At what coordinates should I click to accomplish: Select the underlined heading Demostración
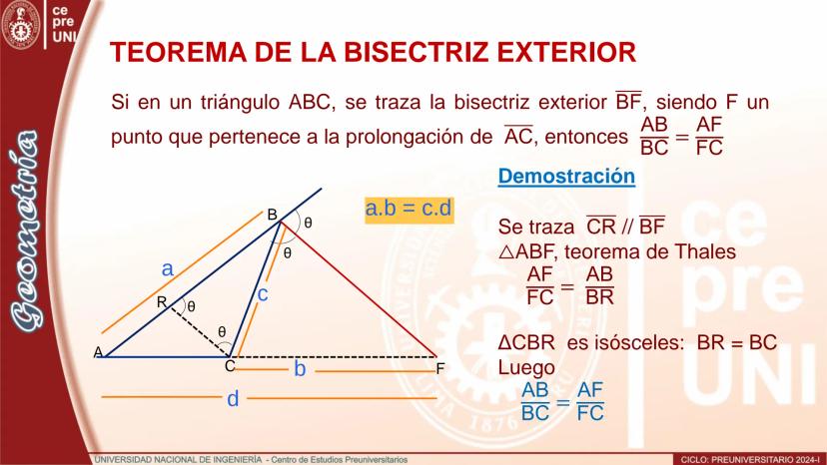click(x=566, y=176)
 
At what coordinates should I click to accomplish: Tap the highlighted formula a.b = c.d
click(x=409, y=209)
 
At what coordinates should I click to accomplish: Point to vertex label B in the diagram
click(x=272, y=215)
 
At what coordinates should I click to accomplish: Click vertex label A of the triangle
click(x=98, y=351)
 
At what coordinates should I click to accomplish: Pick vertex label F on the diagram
click(x=440, y=369)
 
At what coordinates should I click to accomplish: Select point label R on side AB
click(x=162, y=302)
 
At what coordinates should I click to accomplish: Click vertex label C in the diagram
click(x=230, y=366)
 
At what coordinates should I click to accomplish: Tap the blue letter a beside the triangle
click(x=167, y=269)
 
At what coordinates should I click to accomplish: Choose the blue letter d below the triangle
click(x=233, y=398)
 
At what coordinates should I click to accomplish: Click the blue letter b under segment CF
click(x=300, y=368)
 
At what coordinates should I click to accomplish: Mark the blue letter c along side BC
click(x=263, y=294)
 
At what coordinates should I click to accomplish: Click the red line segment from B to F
click(x=360, y=289)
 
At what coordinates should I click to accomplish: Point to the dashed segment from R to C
click(x=200, y=331)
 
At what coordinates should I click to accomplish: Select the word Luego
click(x=526, y=367)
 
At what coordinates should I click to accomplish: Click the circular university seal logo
click(x=21, y=24)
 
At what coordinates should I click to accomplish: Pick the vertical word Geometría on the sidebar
click(x=26, y=231)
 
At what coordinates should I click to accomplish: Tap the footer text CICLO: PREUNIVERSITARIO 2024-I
click(x=750, y=460)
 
